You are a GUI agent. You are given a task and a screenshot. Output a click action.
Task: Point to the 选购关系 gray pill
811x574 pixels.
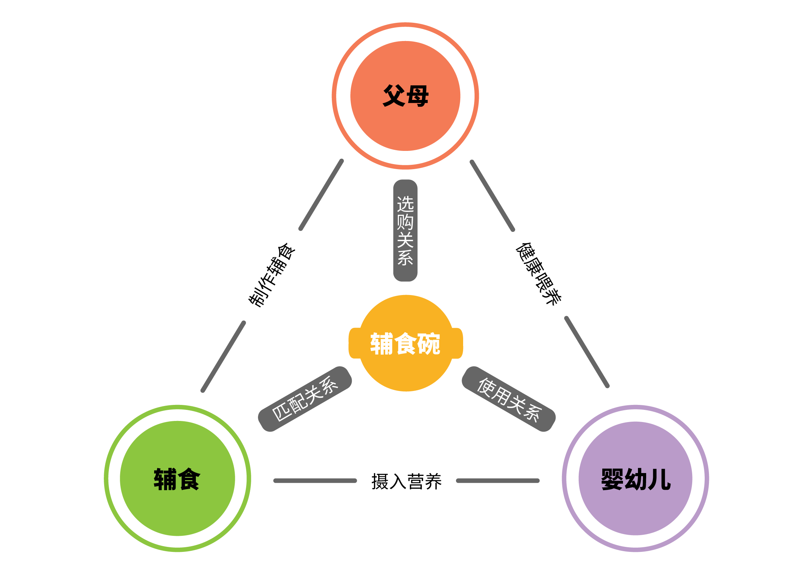click(405, 230)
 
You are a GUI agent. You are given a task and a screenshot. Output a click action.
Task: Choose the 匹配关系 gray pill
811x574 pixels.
click(305, 399)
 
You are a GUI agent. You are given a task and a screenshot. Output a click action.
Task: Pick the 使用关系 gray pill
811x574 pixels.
click(509, 399)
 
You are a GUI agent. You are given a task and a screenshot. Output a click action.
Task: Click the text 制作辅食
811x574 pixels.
click(272, 275)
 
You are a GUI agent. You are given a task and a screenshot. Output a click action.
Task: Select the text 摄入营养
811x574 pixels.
click(406, 481)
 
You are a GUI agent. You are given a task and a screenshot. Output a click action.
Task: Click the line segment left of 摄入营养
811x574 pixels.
click(315, 481)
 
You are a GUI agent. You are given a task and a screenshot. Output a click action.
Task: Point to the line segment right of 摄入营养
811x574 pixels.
click(498, 481)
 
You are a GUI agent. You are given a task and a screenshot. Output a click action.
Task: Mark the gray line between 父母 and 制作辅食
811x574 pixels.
click(321, 195)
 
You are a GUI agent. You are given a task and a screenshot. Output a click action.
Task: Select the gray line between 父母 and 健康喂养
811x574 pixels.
click(492, 195)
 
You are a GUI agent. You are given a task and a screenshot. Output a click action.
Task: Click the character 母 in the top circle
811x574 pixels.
click(417, 96)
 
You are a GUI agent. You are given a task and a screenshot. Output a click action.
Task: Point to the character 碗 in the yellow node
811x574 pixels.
click(429, 344)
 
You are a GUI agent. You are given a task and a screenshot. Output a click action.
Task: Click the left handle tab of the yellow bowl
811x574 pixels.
click(354, 343)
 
